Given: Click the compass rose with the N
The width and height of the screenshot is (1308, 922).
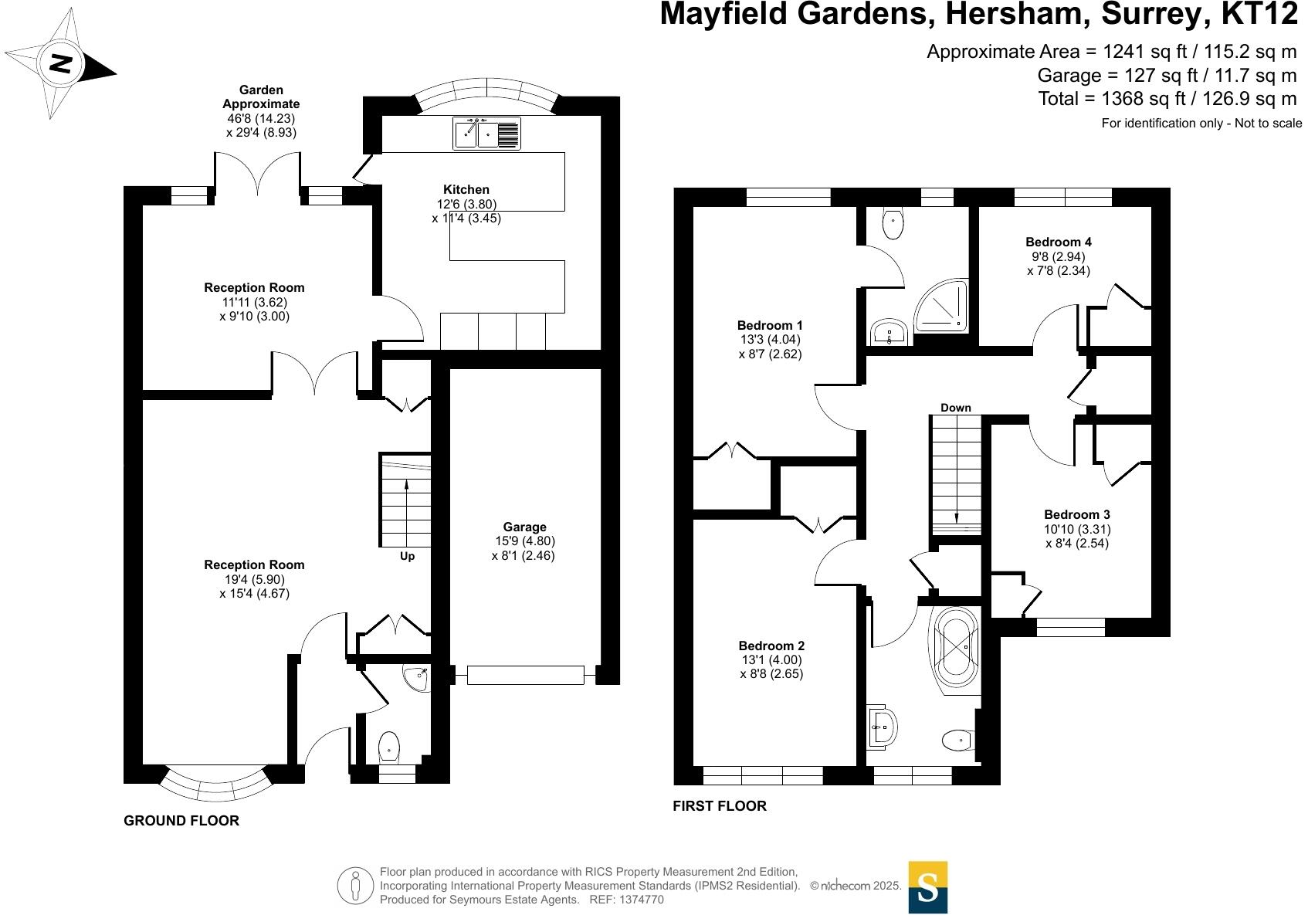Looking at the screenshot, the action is click(x=60, y=63).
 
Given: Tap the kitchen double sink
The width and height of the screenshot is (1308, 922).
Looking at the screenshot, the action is click(x=487, y=134).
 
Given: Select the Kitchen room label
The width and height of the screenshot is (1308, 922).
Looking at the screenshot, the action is click(x=466, y=189).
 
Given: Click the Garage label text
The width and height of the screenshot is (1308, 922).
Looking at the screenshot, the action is click(x=524, y=527).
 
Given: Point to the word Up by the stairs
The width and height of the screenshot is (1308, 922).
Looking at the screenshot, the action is click(x=407, y=556).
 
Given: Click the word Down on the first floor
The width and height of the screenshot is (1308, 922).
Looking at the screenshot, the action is click(x=956, y=408).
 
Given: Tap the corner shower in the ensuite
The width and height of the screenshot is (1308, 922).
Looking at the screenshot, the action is click(x=942, y=307).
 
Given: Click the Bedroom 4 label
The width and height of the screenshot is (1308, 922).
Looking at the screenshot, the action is click(x=1059, y=242).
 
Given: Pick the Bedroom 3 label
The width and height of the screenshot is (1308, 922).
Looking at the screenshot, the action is click(x=1077, y=515).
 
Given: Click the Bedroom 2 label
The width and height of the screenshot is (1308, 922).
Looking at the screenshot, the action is click(x=771, y=646).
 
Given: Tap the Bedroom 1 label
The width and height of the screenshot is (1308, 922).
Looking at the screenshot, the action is click(x=770, y=326).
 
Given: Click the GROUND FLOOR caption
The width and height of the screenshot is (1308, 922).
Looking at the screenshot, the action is click(x=181, y=821).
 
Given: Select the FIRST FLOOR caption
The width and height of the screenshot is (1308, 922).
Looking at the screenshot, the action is click(x=720, y=806).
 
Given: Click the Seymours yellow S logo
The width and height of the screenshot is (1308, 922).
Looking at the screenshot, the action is click(x=927, y=887).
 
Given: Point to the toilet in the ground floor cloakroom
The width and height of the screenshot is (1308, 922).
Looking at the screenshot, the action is click(x=389, y=746).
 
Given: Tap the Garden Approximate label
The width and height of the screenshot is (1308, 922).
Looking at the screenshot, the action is click(x=261, y=97).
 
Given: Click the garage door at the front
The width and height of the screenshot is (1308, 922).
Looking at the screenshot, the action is click(x=525, y=675).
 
